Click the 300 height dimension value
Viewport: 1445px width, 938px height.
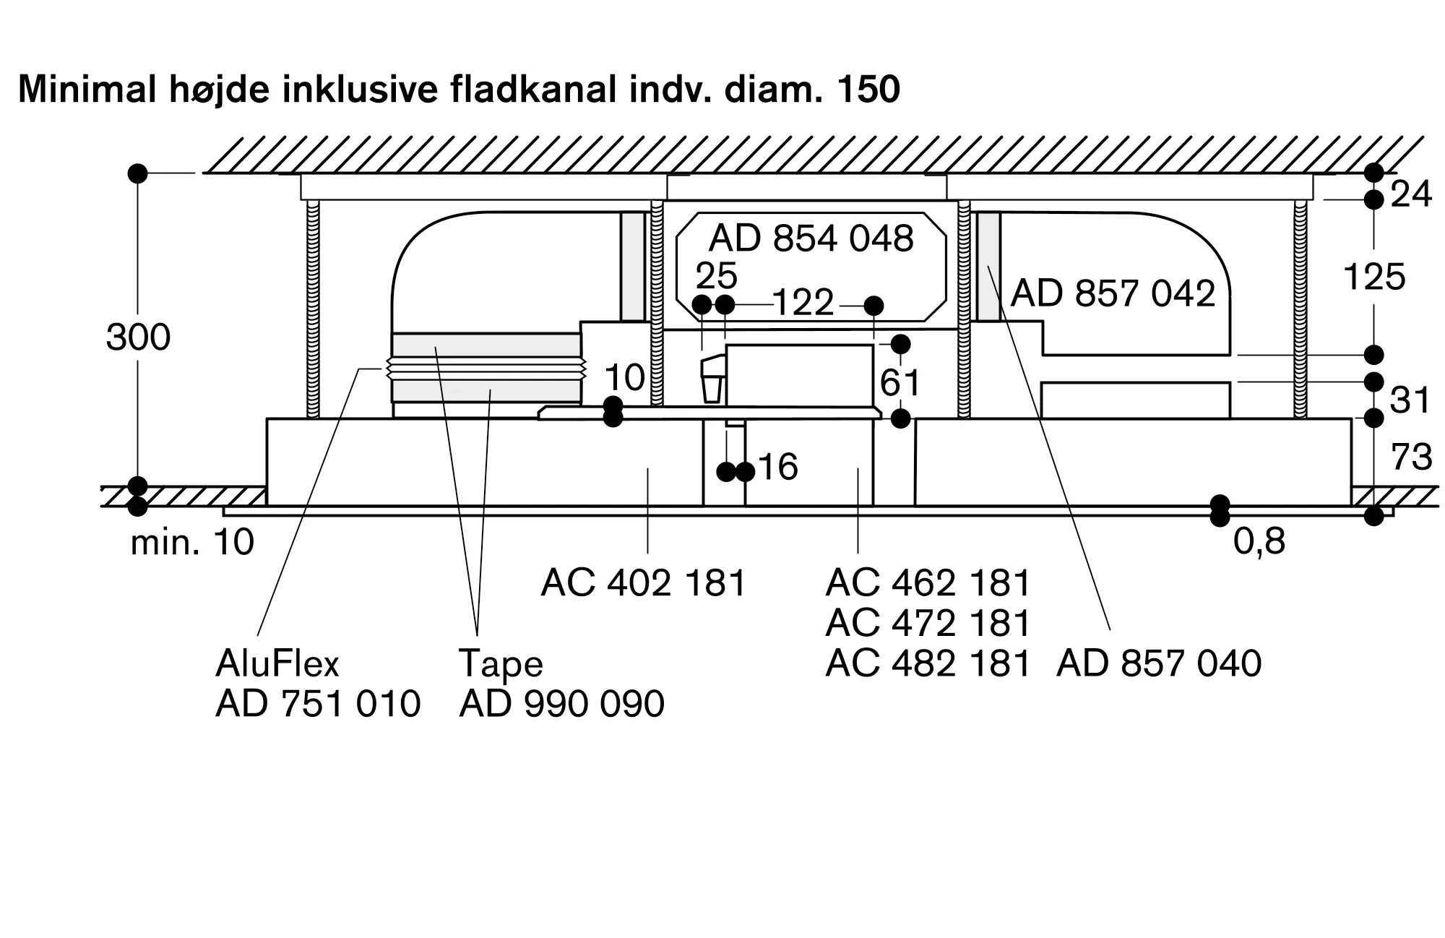(138, 337)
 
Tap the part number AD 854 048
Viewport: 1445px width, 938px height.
(811, 238)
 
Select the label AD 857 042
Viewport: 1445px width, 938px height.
(1113, 293)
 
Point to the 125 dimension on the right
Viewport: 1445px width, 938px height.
(1373, 277)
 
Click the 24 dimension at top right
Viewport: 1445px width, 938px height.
(1410, 194)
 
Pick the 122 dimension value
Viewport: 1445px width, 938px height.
(803, 303)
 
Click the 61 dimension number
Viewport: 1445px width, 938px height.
(900, 382)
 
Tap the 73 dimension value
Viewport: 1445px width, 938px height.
(1411, 457)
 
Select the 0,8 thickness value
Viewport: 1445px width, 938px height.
(1259, 541)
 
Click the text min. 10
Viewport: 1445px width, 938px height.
(192, 543)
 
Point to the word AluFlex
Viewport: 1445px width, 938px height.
(277, 663)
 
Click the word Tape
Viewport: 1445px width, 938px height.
(500, 663)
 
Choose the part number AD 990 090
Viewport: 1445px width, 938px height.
(561, 704)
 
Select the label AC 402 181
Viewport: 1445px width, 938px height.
(643, 582)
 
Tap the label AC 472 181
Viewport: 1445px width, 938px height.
(928, 623)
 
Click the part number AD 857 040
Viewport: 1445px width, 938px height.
(1159, 663)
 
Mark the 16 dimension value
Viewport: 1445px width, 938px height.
(777, 467)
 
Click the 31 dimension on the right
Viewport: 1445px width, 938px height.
(1410, 400)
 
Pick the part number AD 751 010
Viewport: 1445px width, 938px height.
(318, 704)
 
